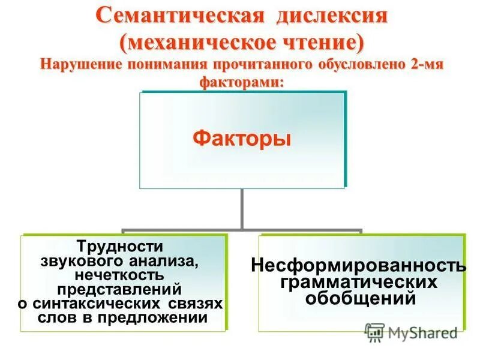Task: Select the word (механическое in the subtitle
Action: click(x=191, y=42)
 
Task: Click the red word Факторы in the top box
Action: click(x=242, y=139)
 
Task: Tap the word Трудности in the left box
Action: click(x=120, y=246)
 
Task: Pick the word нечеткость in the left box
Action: click(x=120, y=275)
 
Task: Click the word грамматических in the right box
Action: click(x=360, y=281)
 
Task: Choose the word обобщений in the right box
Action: click(x=360, y=297)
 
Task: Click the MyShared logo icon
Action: click(x=374, y=332)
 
